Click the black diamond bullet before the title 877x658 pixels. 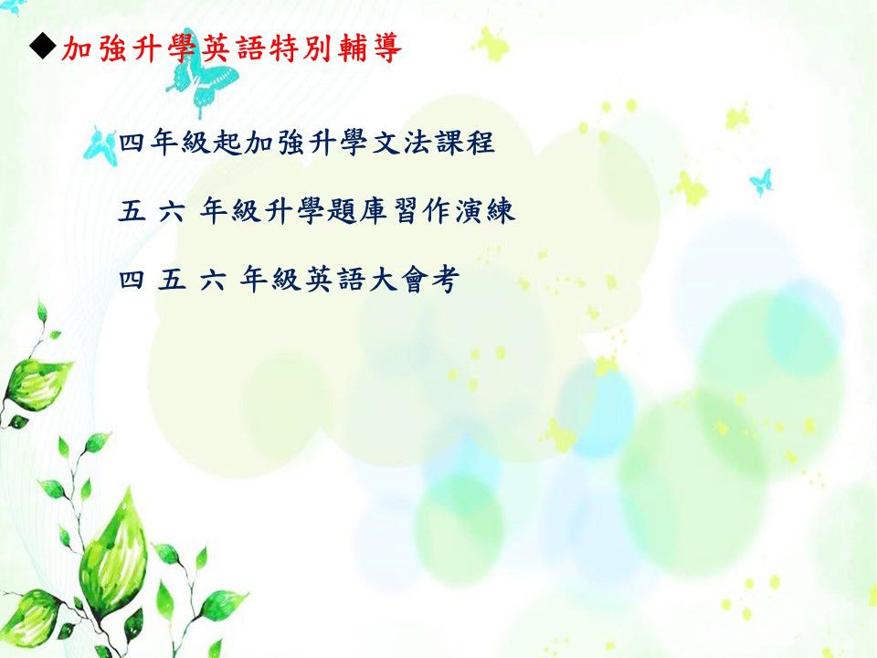43,47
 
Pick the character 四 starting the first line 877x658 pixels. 132,143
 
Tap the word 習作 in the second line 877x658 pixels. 422,211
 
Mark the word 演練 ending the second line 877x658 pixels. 484,211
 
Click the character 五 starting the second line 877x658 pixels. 132,212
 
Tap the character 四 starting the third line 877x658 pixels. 132,280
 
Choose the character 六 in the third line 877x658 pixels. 213,280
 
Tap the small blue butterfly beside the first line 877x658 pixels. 100,146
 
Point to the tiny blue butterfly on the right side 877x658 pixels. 761,182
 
